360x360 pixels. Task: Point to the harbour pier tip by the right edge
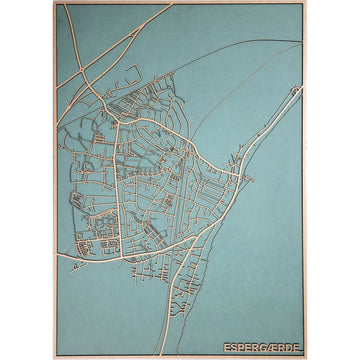click(299, 88)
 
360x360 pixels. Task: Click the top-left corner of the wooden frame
click(55, 3)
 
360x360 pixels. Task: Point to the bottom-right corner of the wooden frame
click(305, 357)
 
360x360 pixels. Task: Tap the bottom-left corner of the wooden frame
click(55, 357)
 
